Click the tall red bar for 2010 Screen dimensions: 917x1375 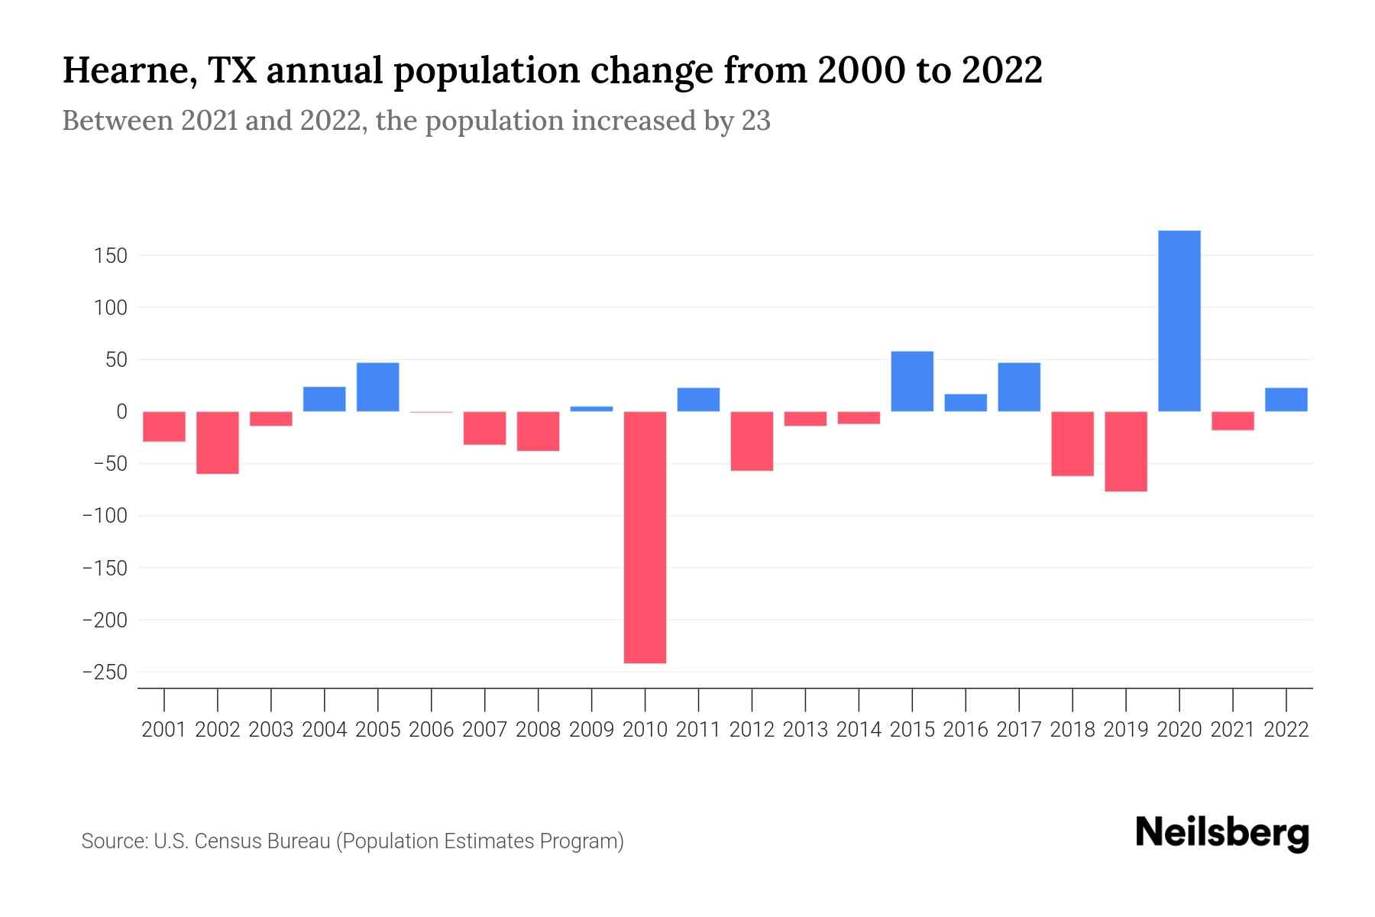pos(645,536)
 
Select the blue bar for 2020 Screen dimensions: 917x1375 pos(1179,321)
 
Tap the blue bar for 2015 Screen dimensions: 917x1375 pos(912,381)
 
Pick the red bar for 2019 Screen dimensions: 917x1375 pos(1125,451)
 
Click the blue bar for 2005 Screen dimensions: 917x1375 pos(377,387)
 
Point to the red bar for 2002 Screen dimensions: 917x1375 pos(218,442)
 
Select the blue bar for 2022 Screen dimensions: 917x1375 pos(1286,400)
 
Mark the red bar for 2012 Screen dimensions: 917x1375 pos(752,441)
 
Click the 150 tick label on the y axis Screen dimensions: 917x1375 pos(110,256)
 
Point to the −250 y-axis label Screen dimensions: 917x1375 pos(105,672)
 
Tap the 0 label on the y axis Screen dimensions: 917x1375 pos(121,412)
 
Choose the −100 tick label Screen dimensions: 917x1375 pos(105,516)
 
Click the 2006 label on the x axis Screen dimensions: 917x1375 pos(431,730)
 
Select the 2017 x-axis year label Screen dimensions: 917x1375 pos(1018,730)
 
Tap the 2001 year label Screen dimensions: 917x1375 pos(164,730)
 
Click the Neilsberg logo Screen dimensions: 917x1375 pos(1222,834)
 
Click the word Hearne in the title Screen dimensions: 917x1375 pos(122,70)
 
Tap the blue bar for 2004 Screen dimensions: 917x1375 pos(324,399)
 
